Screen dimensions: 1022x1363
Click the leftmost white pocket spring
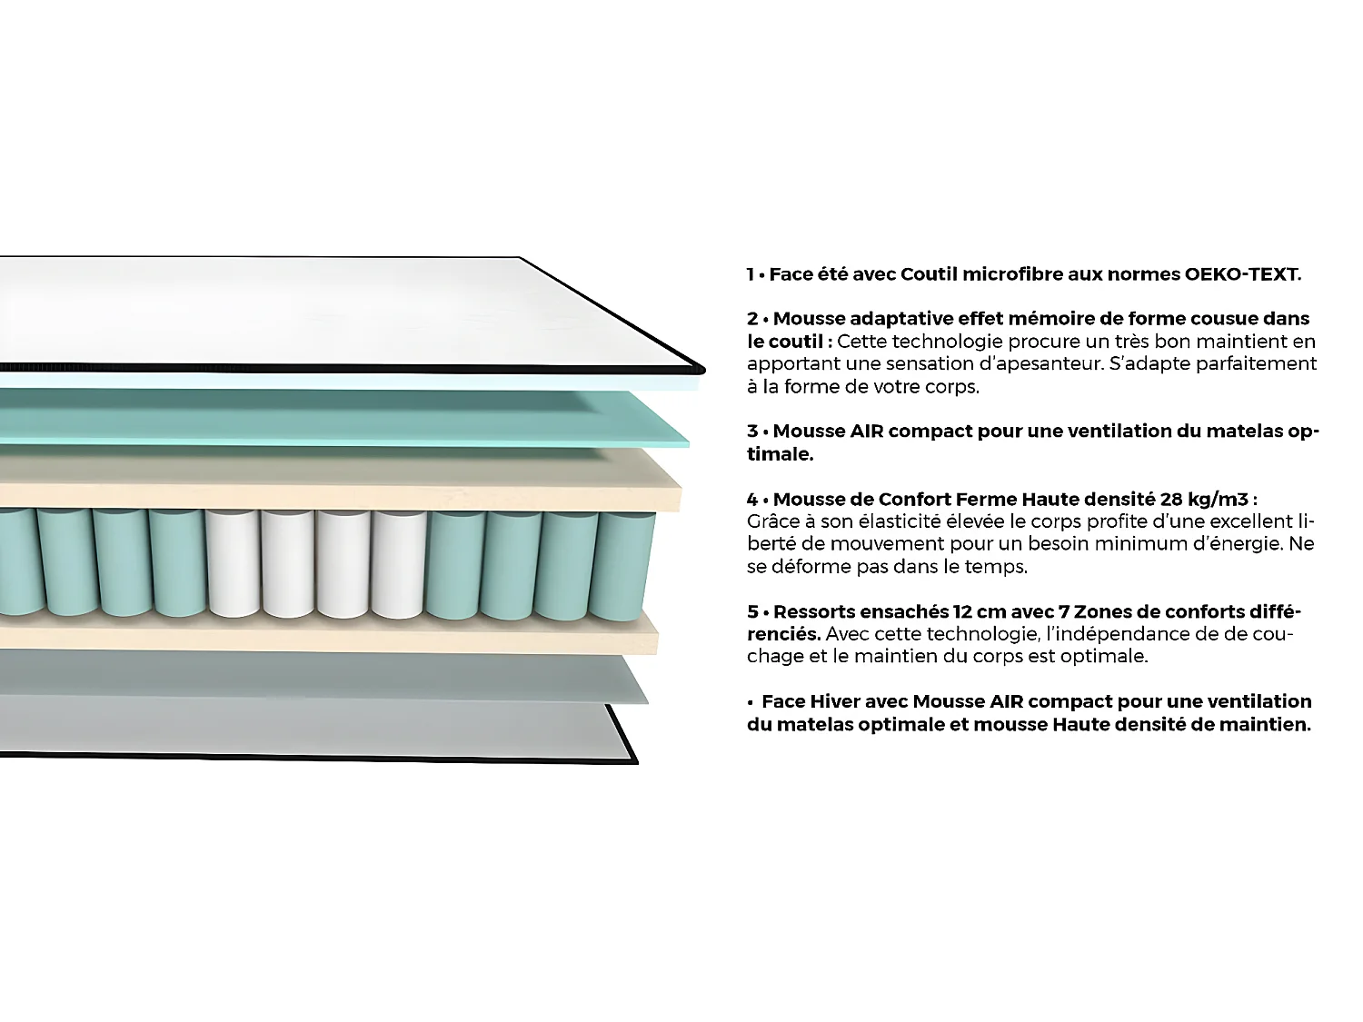(233, 563)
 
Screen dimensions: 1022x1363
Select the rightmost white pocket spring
(398, 563)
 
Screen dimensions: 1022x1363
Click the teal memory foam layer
(345, 417)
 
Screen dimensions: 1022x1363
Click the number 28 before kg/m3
(1171, 500)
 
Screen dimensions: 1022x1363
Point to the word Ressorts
(814, 611)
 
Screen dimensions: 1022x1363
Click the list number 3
(752, 432)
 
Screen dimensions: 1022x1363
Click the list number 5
(752, 611)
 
